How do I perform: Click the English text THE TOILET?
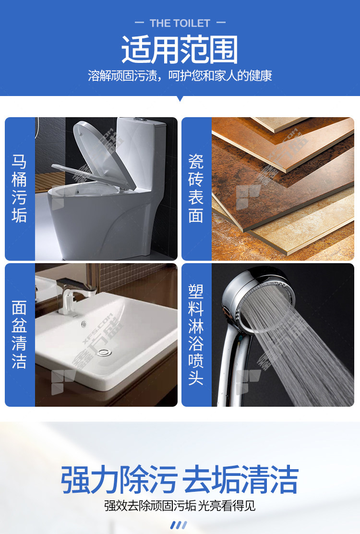(180, 23)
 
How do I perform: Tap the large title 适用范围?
(180, 50)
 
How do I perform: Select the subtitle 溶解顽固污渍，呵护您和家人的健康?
(180, 75)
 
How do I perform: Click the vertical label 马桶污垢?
(19, 188)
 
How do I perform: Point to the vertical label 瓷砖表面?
(196, 188)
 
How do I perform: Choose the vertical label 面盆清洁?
(19, 334)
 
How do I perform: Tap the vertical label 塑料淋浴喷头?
(196, 334)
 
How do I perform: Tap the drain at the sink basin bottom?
(104, 352)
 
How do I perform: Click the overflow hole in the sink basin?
(84, 324)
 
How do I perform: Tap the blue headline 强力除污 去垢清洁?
(180, 479)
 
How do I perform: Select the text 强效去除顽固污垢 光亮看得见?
(180, 505)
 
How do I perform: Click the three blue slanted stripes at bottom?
(179, 525)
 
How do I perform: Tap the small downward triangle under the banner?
(180, 99)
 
